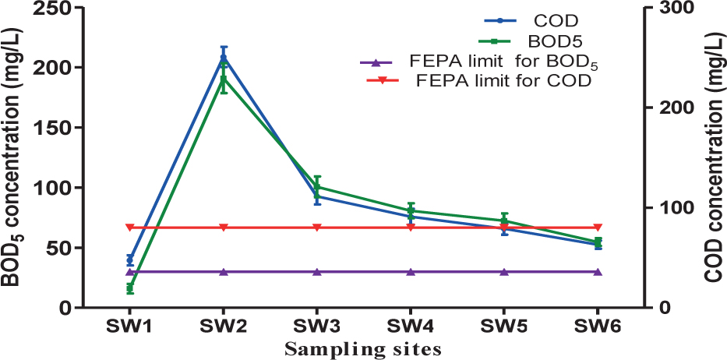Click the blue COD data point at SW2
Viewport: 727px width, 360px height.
coord(224,58)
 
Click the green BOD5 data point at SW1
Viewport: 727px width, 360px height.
coord(130,289)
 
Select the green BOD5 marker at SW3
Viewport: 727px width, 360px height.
coord(317,187)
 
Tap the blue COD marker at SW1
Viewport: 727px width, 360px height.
coord(130,259)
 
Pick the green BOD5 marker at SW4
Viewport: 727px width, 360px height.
coord(411,210)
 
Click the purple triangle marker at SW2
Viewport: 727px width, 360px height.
coord(224,272)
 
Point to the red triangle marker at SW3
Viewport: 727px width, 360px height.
coord(317,228)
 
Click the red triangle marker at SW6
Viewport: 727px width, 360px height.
coord(598,228)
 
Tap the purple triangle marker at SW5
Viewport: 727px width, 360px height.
coord(504,272)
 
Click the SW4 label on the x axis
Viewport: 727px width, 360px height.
coord(411,326)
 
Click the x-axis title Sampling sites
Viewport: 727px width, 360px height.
coord(363,348)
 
